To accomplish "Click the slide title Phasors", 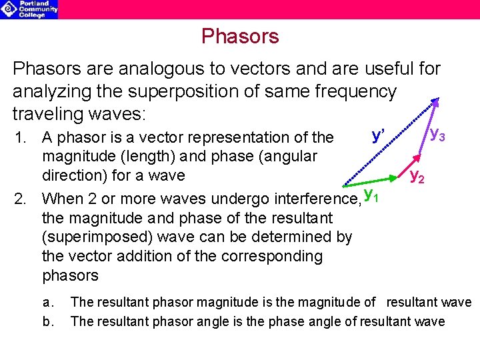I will click(x=240, y=36).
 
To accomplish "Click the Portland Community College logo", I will click(x=29, y=9).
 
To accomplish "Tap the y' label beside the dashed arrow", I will click(x=378, y=136).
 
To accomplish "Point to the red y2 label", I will click(x=417, y=176).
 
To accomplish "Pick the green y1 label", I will click(x=371, y=195).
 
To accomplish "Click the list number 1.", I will click(x=21, y=138).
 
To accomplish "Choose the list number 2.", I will click(x=21, y=199).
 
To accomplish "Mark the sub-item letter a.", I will click(x=46, y=303).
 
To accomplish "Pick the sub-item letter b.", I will click(x=46, y=322).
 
